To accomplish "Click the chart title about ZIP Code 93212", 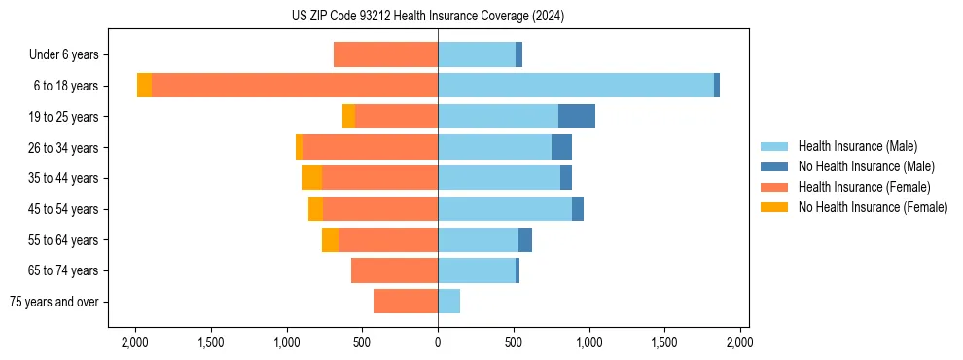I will (x=428, y=16).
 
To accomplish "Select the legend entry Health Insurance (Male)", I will (x=857, y=146).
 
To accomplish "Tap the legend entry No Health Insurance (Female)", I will (x=873, y=207).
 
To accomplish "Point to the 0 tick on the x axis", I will (x=438, y=342).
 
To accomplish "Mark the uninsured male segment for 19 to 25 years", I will (x=577, y=117).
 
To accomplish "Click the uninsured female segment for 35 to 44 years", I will (x=311, y=178).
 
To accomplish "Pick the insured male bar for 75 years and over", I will (x=448, y=302).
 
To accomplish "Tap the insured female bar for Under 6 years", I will (x=385, y=54).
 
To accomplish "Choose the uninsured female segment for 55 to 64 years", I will (x=330, y=240).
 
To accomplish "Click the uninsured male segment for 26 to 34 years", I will (x=561, y=147).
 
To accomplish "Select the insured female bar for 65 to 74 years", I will (x=394, y=270).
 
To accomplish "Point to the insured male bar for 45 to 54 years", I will (x=505, y=209).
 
